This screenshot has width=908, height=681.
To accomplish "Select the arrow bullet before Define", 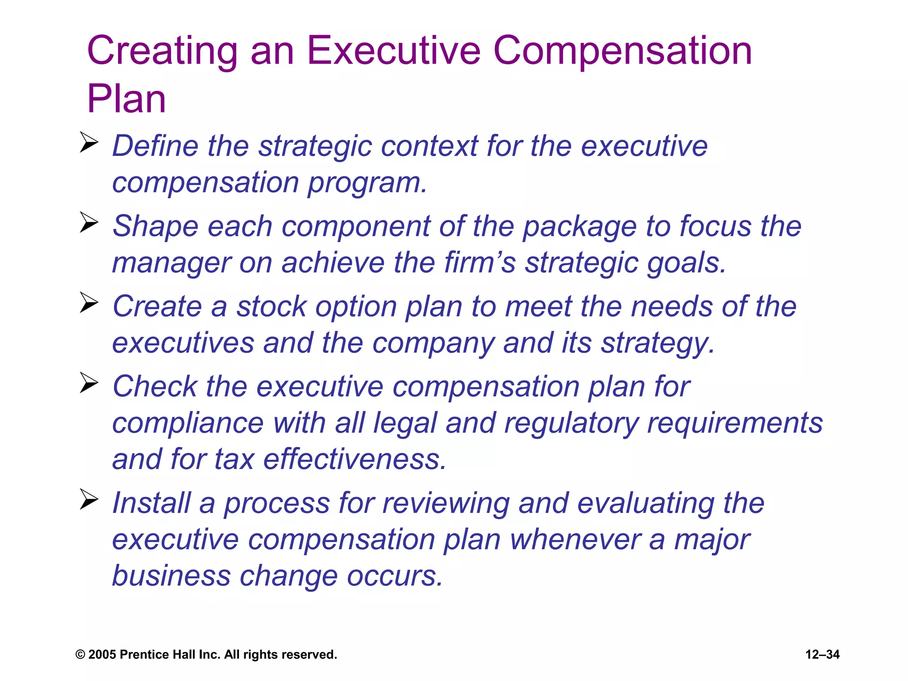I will coord(89,142).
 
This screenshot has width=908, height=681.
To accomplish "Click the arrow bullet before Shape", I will coord(89,222).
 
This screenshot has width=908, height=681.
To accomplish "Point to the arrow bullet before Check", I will coord(89,383).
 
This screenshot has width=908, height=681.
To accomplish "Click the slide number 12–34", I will coord(822,654).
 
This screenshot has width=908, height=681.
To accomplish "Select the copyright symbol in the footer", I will coord(80,655).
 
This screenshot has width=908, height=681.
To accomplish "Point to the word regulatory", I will coord(571,423).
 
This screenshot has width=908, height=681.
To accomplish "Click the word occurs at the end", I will coord(395,576).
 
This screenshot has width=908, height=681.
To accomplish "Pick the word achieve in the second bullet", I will coord(333,262).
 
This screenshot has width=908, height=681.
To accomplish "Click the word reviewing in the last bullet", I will coord(445,503).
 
